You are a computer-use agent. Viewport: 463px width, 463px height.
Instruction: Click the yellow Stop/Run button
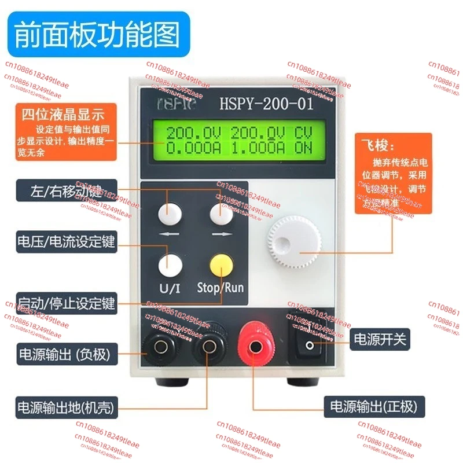[x=221, y=266]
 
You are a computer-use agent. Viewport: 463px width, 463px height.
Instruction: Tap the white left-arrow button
[x=169, y=214]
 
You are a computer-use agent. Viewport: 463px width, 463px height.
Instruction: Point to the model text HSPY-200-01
[x=266, y=104]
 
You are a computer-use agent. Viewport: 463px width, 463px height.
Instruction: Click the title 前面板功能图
[x=97, y=35]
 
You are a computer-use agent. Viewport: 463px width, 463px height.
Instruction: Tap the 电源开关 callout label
[x=382, y=340]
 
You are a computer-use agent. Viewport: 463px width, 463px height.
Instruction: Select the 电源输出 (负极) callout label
[x=65, y=352]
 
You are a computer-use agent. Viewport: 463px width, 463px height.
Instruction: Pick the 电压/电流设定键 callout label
[x=65, y=242]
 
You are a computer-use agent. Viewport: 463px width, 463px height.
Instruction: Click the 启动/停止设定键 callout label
[x=65, y=302]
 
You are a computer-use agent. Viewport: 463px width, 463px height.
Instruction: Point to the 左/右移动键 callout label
[x=65, y=190]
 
